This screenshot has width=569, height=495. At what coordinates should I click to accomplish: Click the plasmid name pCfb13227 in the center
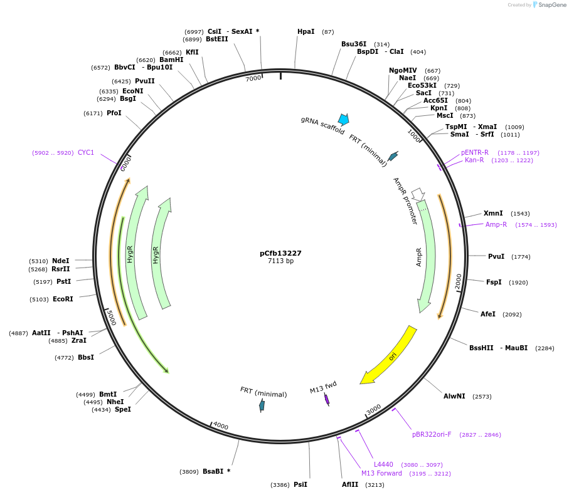tap(280, 253)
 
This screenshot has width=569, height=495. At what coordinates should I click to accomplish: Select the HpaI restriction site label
tap(306, 31)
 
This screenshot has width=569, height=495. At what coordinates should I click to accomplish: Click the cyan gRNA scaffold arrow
tap(343, 119)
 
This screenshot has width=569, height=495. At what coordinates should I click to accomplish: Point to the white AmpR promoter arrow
tap(418, 194)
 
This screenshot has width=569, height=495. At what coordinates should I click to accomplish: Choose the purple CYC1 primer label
tap(86, 152)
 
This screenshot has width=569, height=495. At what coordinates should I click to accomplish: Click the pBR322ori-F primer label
tap(432, 434)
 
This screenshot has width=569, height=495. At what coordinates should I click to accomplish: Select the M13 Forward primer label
tap(381, 473)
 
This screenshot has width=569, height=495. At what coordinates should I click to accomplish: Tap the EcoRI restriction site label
tap(63, 299)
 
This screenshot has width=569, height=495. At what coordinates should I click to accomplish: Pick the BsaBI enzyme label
tap(212, 471)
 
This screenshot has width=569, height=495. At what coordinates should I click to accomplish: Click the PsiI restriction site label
tap(300, 484)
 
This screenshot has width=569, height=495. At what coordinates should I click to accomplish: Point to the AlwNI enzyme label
tap(454, 396)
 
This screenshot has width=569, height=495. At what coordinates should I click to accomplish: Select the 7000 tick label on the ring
tap(253, 78)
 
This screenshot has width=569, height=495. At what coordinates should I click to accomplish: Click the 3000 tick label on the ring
tap(373, 409)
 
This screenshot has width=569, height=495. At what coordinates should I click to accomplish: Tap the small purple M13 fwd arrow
tap(327, 399)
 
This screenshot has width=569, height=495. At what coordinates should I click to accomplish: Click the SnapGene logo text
tap(553, 4)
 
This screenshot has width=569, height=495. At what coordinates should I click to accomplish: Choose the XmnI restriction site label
tap(493, 213)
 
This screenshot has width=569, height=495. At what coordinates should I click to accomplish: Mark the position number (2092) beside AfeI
tap(511, 314)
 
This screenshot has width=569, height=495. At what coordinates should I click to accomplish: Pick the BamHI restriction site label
tap(171, 60)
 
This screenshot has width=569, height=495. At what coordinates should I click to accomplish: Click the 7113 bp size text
tap(280, 261)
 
